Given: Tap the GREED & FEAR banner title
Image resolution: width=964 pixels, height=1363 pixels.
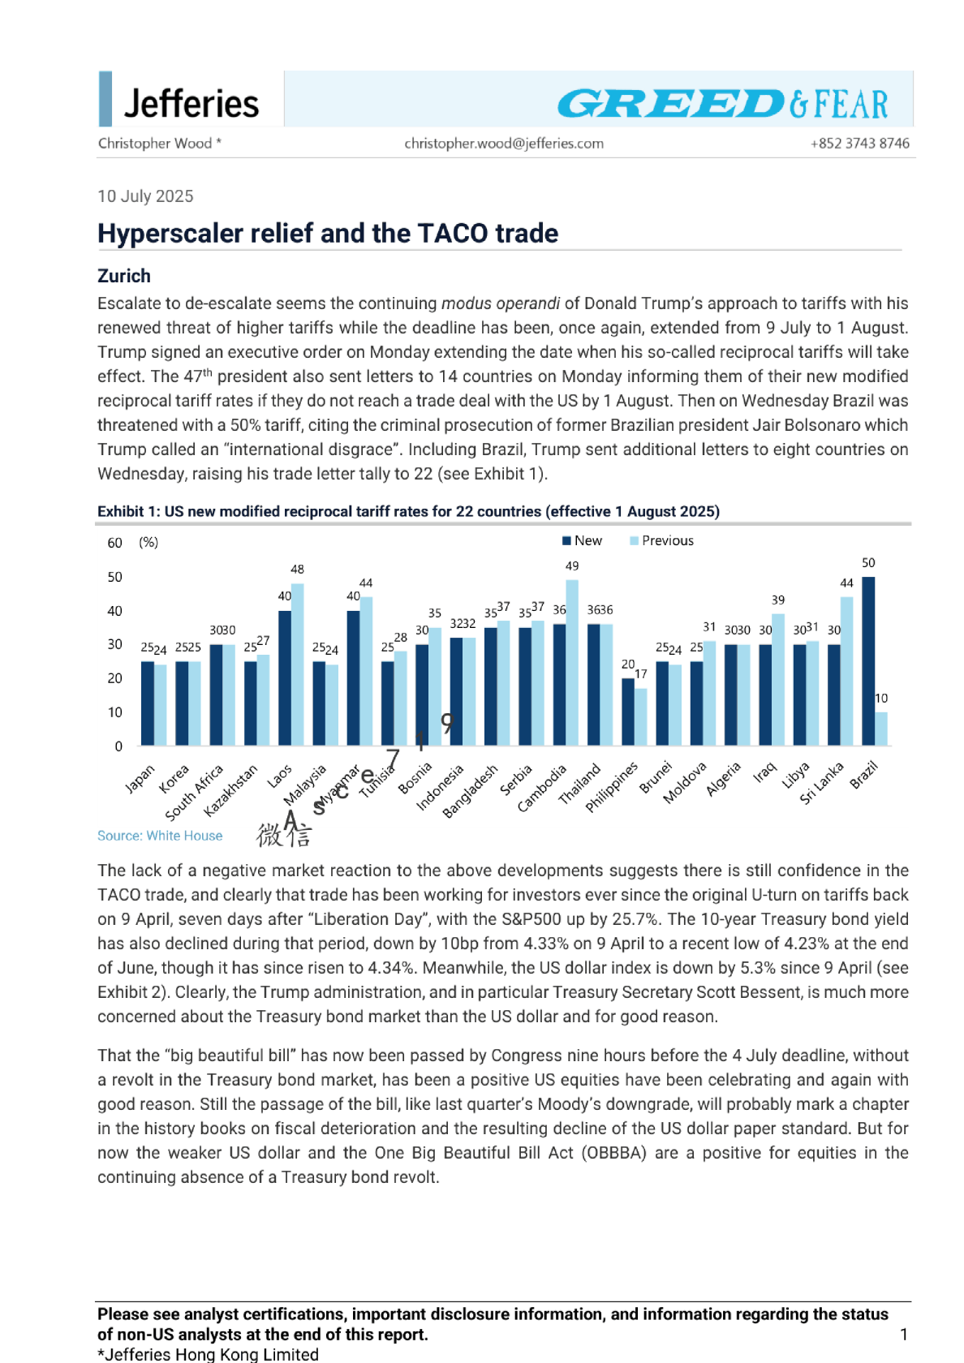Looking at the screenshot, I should (x=722, y=104).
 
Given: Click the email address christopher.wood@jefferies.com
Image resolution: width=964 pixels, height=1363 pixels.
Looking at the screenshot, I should (x=504, y=144).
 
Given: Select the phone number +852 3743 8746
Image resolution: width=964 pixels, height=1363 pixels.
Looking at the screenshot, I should (x=859, y=144).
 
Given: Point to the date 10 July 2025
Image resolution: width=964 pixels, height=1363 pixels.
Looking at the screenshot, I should (x=145, y=196).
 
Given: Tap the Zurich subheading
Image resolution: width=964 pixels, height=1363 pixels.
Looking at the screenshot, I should (x=124, y=276).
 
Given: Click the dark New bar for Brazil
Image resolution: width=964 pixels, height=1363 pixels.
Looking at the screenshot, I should (x=868, y=661).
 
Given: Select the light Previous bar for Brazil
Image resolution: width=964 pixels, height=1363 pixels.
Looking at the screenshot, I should (x=881, y=729).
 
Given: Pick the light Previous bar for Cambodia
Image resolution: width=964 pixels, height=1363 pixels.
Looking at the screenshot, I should (x=572, y=662).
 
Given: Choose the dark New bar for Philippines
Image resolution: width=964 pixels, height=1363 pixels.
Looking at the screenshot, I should (x=628, y=712).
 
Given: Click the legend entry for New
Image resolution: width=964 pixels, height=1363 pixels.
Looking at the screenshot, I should (x=582, y=541).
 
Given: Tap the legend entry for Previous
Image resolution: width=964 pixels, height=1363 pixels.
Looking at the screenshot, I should (x=661, y=541).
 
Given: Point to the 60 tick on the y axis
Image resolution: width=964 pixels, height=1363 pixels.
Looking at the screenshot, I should (x=115, y=543).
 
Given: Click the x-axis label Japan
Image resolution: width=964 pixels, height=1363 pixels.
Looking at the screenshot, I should (x=140, y=779).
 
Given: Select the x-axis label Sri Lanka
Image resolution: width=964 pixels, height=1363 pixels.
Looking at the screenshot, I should (x=821, y=783).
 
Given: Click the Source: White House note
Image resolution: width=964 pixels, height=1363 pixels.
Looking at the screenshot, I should (x=160, y=836).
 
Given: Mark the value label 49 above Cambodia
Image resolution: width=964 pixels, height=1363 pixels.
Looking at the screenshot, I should (x=572, y=566).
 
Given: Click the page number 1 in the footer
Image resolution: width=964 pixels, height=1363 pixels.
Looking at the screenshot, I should (x=903, y=1335).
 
